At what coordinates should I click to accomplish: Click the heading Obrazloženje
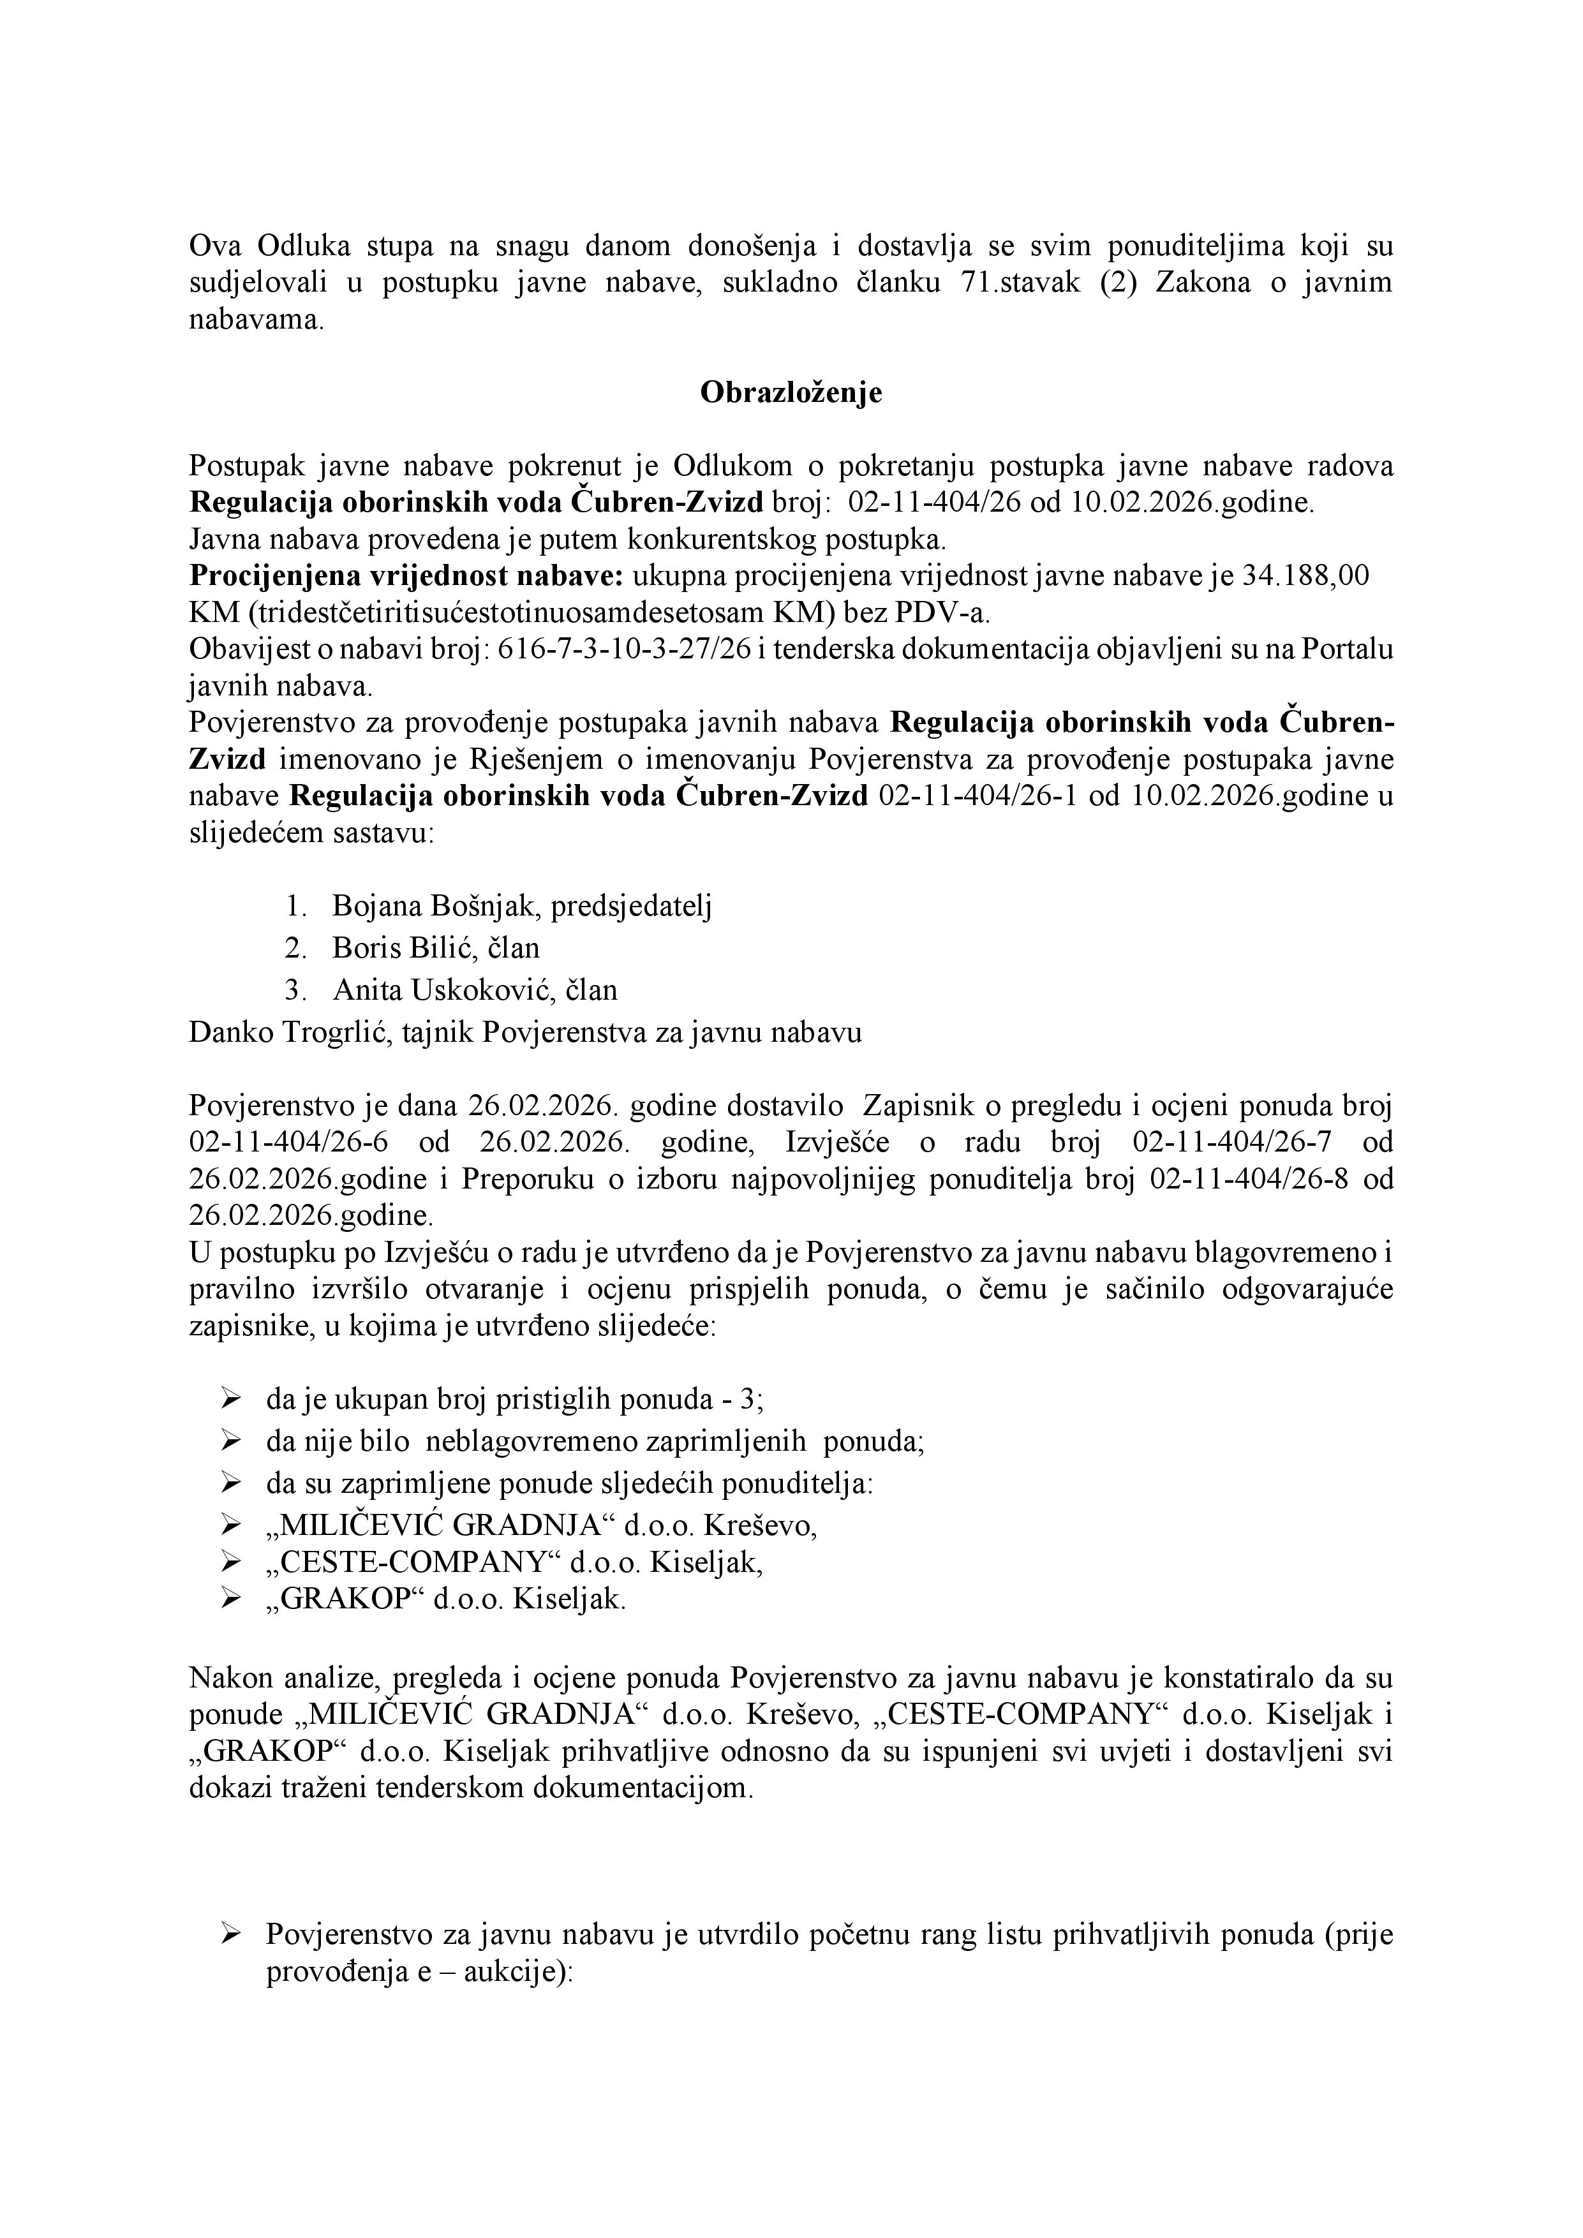tap(791, 393)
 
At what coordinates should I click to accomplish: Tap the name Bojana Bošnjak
tap(435, 907)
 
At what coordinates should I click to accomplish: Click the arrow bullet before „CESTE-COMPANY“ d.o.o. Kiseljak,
tap(231, 1562)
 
